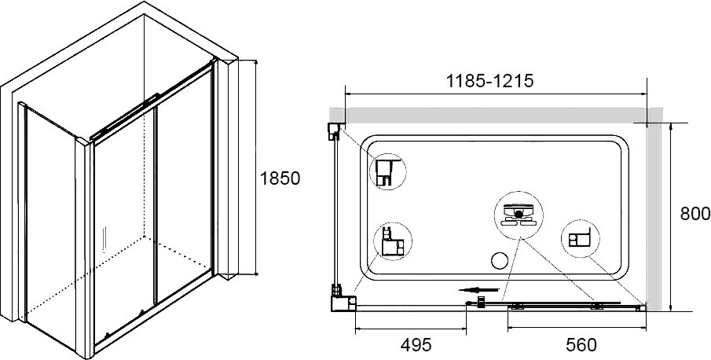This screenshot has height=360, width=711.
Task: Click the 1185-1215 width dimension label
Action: click(489, 81)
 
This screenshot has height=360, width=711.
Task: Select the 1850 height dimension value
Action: click(280, 178)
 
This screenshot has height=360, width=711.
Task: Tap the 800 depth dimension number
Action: click(695, 214)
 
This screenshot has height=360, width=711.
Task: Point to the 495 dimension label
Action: click(416, 345)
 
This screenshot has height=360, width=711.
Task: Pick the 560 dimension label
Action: click(581, 345)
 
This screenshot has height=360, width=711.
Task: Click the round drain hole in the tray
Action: click(500, 261)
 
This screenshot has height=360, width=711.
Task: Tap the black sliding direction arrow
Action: click(478, 290)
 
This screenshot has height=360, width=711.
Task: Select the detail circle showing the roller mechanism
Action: click(519, 215)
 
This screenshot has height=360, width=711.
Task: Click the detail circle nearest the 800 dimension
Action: click(580, 238)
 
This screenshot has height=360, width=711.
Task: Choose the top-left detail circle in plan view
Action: click(387, 171)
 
